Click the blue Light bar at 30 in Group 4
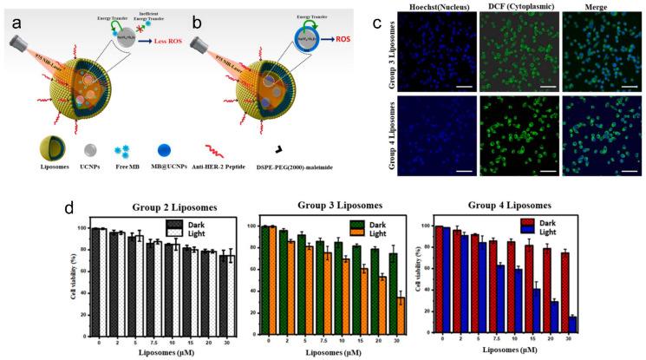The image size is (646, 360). [621, 323]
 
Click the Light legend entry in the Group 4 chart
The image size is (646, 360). [607, 231]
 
